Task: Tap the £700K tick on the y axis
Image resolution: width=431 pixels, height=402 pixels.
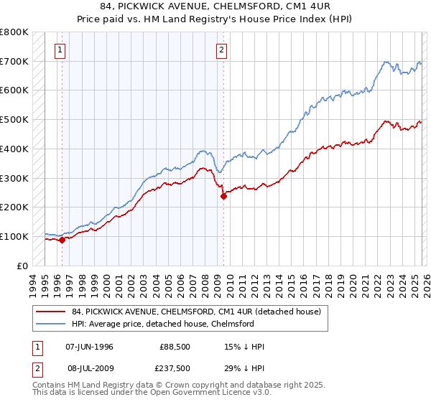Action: (x=14, y=62)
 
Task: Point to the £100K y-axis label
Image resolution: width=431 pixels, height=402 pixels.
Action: (x=14, y=236)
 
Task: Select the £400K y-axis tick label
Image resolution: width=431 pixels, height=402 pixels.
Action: (x=14, y=149)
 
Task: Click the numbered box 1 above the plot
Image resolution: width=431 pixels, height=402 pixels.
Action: (x=60, y=50)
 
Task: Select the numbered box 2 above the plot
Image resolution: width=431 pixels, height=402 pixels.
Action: (x=222, y=50)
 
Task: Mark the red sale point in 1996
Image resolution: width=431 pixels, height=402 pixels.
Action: (x=62, y=240)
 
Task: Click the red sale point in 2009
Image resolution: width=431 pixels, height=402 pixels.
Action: (x=223, y=196)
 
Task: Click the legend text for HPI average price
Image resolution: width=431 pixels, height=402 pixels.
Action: (x=163, y=324)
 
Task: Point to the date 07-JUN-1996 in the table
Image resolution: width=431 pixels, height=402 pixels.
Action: (x=89, y=347)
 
